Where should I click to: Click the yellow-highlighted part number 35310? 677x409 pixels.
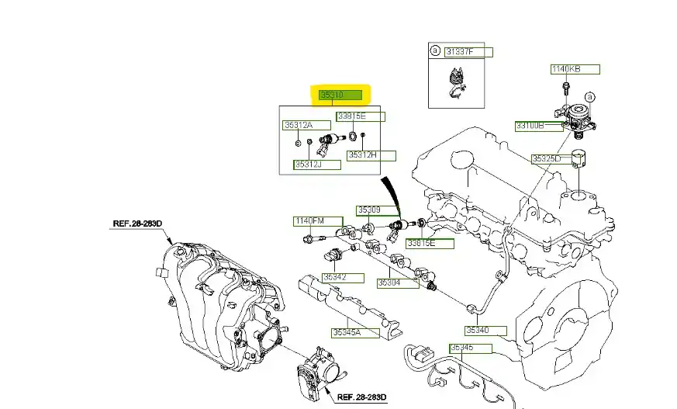[x=342, y=95]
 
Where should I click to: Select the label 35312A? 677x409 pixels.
[x=299, y=125]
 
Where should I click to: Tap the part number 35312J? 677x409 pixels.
[x=308, y=164]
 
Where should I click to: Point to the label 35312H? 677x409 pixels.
[x=362, y=155]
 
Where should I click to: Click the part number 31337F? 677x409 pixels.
[x=457, y=52]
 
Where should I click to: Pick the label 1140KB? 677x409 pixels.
[x=565, y=70]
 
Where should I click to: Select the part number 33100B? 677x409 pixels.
[x=530, y=126]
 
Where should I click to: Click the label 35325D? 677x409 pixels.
[x=546, y=159]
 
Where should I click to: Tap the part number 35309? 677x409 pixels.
[x=370, y=210]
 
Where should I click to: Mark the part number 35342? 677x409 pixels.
[x=335, y=276]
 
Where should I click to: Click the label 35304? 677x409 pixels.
[x=389, y=283]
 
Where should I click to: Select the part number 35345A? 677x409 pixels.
[x=347, y=333]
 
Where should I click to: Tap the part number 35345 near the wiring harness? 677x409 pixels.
[x=462, y=348]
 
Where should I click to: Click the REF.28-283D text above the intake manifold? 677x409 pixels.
[x=137, y=224]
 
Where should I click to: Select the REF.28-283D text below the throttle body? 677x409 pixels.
[x=362, y=398]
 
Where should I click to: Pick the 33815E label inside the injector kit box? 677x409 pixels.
[x=351, y=116]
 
